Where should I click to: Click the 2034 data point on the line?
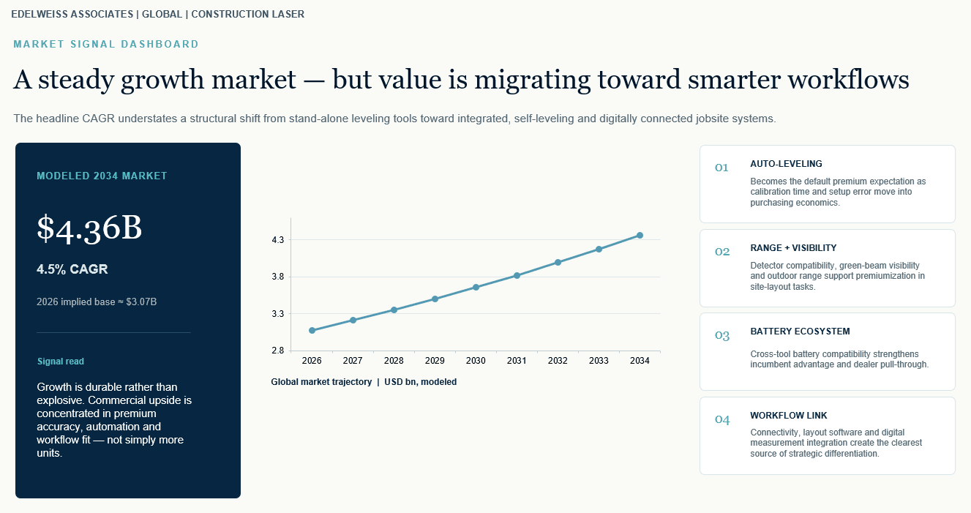pyautogui.click(x=640, y=236)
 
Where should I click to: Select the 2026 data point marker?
pyautogui.click(x=312, y=331)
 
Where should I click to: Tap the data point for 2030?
pyautogui.click(x=476, y=287)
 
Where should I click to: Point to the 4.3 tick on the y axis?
pyautogui.click(x=278, y=240)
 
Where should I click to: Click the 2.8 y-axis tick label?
pyautogui.click(x=278, y=351)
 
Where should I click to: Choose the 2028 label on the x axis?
pyautogui.click(x=394, y=361)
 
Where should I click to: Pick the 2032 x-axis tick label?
pyautogui.click(x=558, y=361)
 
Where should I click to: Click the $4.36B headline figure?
pyautogui.click(x=89, y=228)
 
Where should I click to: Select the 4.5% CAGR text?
pyautogui.click(x=72, y=269)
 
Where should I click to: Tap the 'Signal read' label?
pyautogui.click(x=61, y=362)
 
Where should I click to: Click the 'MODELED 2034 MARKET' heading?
pyautogui.click(x=102, y=176)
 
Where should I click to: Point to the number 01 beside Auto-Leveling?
pyautogui.click(x=721, y=168)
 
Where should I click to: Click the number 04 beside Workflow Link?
pyautogui.click(x=722, y=419)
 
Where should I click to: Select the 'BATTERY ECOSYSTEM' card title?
pyautogui.click(x=801, y=332)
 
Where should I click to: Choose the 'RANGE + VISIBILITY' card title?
pyautogui.click(x=794, y=248)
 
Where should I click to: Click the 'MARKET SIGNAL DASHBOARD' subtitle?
pyautogui.click(x=106, y=44)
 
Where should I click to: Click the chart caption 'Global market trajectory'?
pyautogui.click(x=321, y=382)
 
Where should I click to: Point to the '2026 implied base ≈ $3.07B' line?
pyautogui.click(x=97, y=302)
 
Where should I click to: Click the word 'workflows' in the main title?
pyautogui.click(x=848, y=80)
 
